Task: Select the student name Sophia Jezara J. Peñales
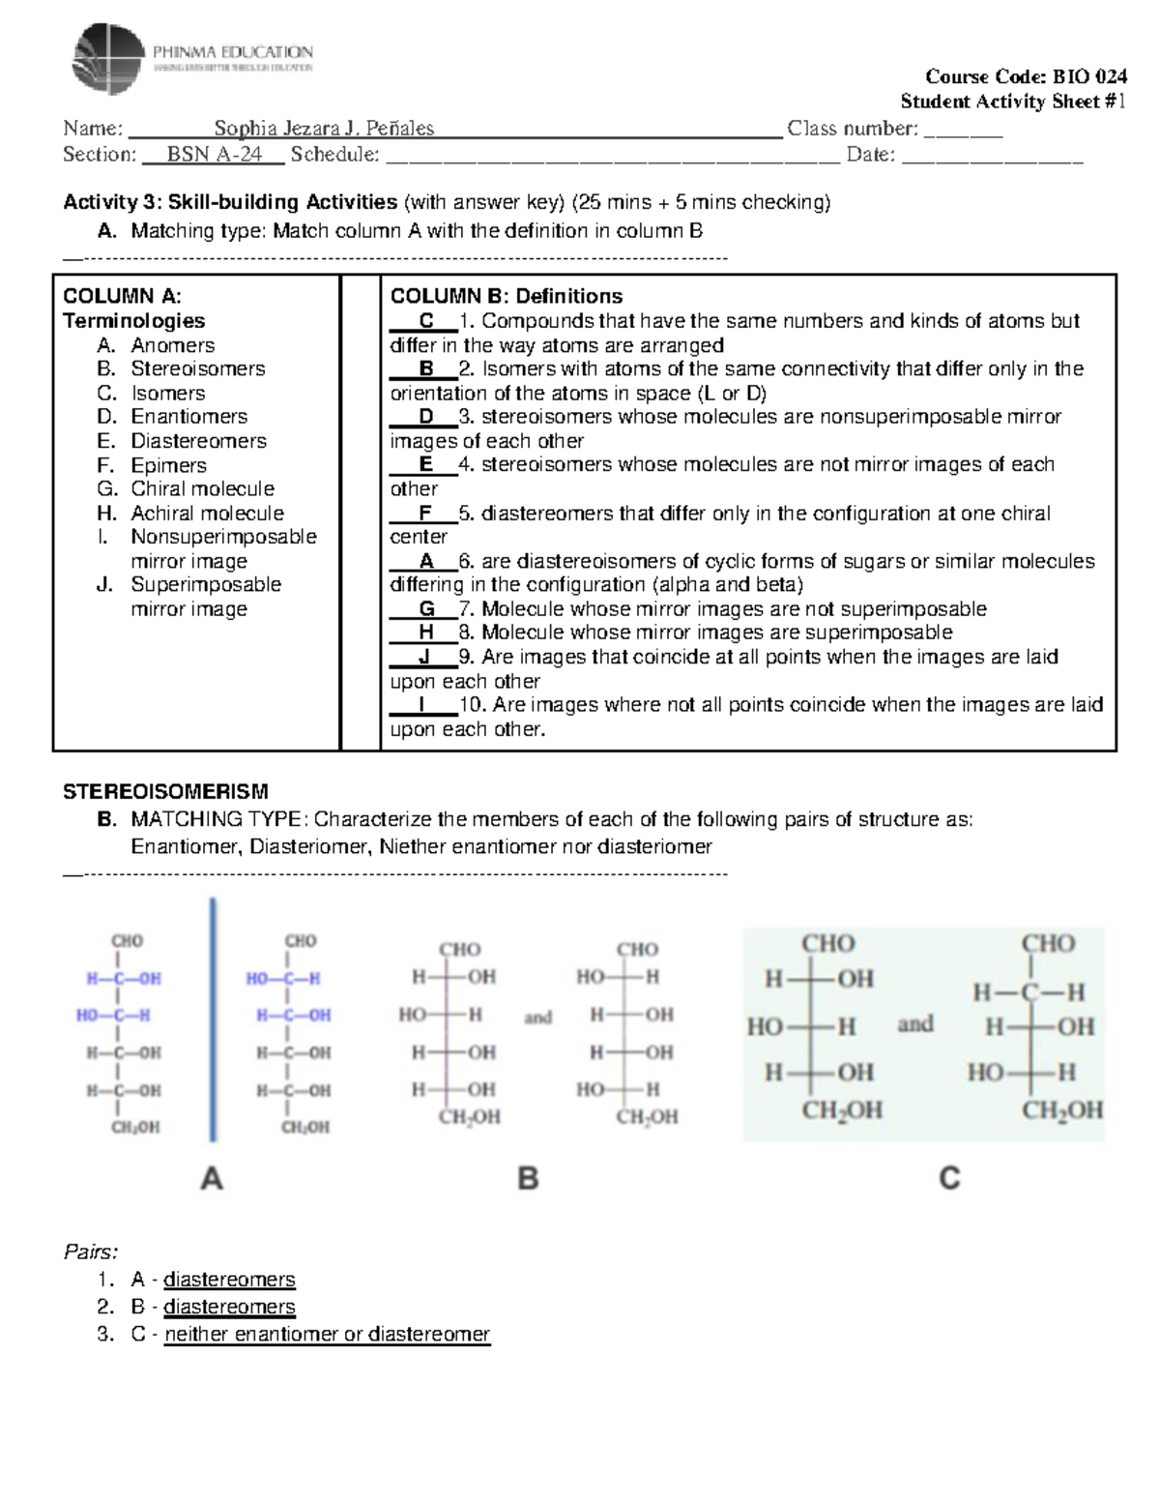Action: point(324,129)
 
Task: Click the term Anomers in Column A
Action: point(172,345)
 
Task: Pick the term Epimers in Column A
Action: point(168,465)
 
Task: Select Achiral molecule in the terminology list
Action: point(207,514)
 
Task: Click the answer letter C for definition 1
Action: point(426,321)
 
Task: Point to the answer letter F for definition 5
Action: point(425,514)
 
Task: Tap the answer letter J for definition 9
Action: point(424,657)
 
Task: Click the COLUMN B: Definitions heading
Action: point(506,296)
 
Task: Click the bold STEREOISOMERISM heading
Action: point(165,792)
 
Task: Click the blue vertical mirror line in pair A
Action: point(213,1019)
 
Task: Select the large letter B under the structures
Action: point(528,1178)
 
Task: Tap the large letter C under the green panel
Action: point(949,1178)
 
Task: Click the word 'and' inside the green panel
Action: point(915,1024)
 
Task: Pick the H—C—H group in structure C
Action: point(1029,992)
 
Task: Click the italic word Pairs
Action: point(90,1252)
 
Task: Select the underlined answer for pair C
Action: point(327,1335)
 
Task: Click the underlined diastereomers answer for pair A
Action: point(229,1280)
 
